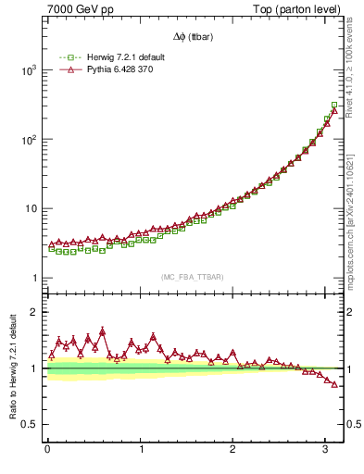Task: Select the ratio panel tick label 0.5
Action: click(30, 424)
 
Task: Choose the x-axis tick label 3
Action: click(325, 449)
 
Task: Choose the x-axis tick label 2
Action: click(232, 449)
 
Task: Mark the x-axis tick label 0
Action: click(47, 449)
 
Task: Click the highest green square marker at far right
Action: click(334, 105)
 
